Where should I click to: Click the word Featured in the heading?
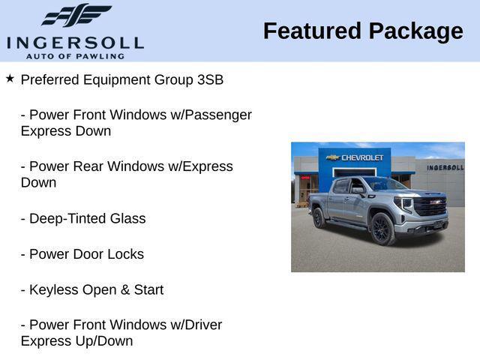312,31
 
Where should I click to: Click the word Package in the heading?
415,31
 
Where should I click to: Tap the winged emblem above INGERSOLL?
76,16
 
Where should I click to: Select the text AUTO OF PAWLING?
75,55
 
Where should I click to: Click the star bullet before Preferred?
10,78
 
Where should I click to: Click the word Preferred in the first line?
49,79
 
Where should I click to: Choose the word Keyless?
53,289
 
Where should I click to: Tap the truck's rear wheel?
319,217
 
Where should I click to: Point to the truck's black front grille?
430,206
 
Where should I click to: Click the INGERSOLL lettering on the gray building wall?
445,167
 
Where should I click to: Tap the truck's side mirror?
361,191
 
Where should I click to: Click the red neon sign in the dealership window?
305,177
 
